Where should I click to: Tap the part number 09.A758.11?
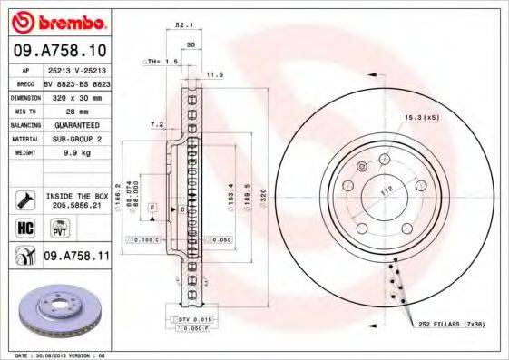point(77,258)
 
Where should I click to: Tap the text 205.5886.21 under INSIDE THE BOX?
point(77,205)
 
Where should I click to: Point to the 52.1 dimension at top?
point(182,26)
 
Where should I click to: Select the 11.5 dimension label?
point(215,74)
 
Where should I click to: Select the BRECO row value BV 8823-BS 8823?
point(76,81)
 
